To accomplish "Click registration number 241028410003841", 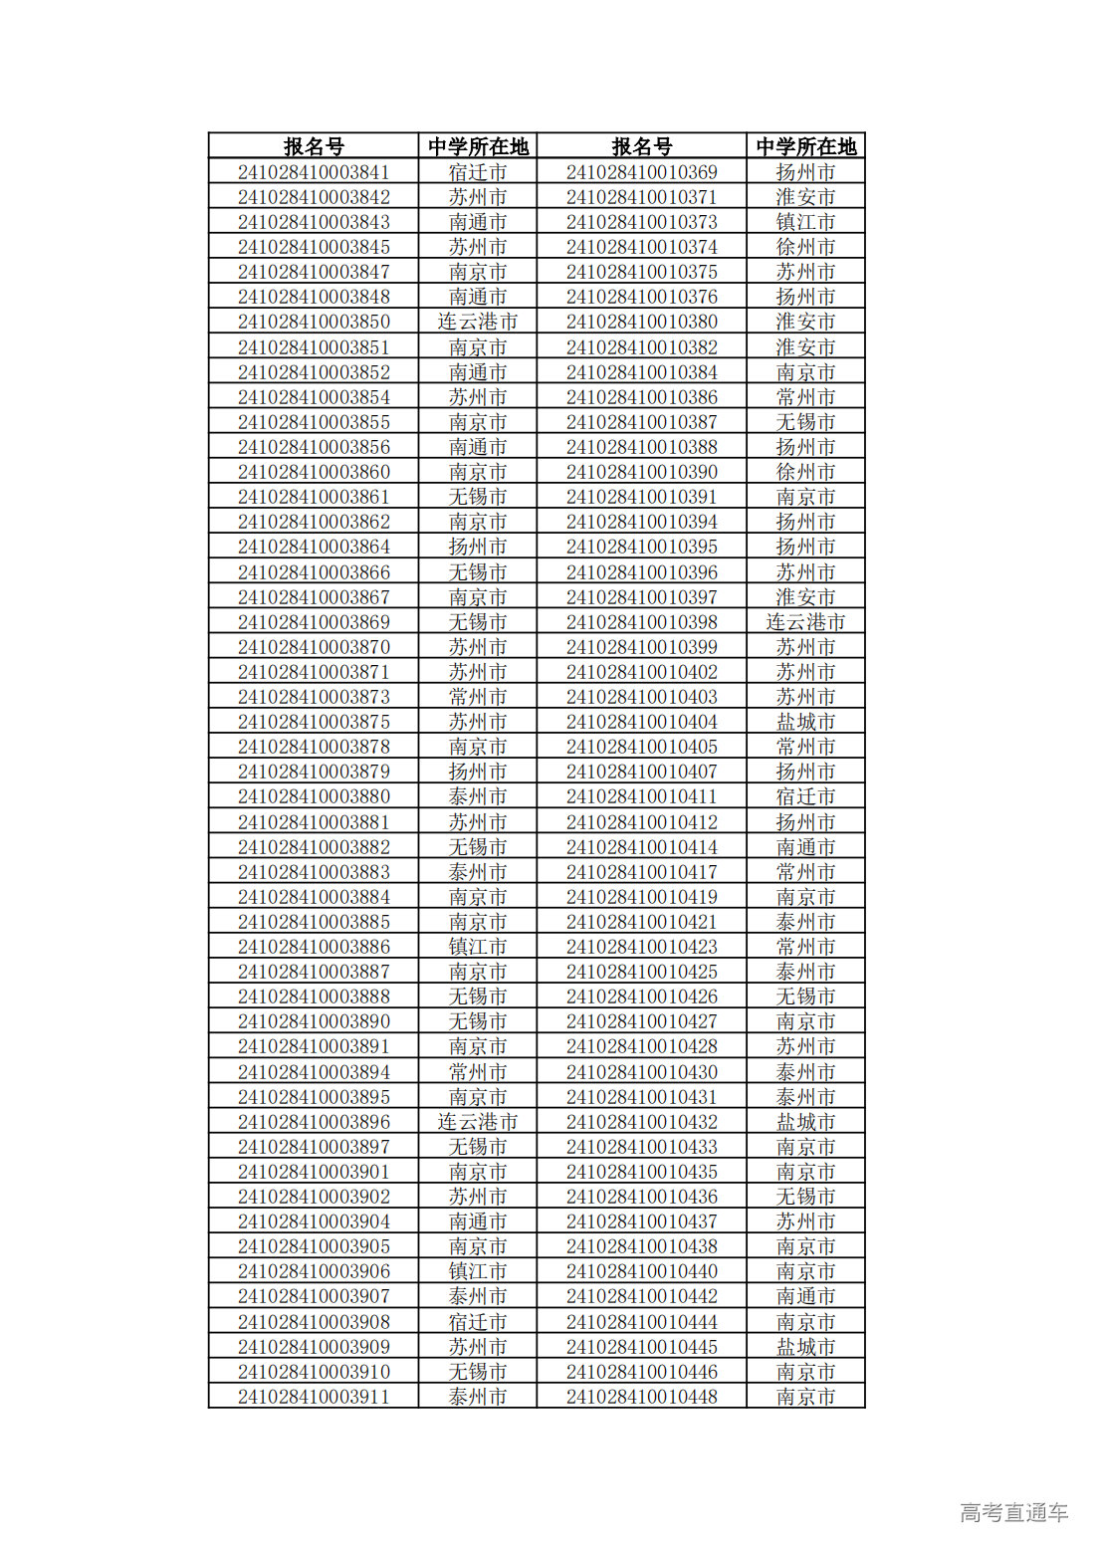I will coord(314,172).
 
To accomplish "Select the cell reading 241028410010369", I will coord(641,172).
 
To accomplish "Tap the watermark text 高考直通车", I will coord(1013,1512).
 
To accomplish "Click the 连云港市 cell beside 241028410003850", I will coord(478,322).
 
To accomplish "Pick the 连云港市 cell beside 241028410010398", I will coord(805,622).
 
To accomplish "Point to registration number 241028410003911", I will coord(314,1397).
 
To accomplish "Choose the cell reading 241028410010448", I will coord(641,1397).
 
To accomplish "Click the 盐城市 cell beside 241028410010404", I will coord(805,722).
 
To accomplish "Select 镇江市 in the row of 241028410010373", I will coord(805,222).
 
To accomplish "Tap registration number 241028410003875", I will coord(314,722).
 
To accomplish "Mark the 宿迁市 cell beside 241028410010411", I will coord(805,796).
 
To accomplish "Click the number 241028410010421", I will coord(641,922).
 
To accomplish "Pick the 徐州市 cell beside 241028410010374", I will coord(805,247).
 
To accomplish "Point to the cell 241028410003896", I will coord(314,1122).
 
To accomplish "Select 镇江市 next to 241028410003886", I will coord(478,947).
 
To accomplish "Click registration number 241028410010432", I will coord(641,1122).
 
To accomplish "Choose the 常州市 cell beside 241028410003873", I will coord(478,697).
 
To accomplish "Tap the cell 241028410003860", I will coord(314,472).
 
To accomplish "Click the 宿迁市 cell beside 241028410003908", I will coord(478,1322).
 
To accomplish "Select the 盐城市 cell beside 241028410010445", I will coord(805,1347).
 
